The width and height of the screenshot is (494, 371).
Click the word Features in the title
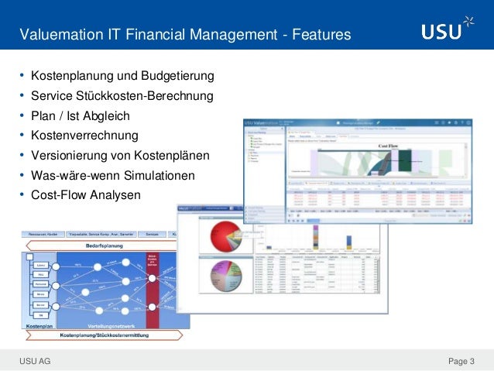click(318, 35)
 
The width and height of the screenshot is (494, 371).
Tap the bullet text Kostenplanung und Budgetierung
click(122, 77)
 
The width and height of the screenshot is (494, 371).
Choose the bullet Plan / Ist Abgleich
click(80, 116)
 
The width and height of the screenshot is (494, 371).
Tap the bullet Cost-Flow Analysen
click(86, 195)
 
